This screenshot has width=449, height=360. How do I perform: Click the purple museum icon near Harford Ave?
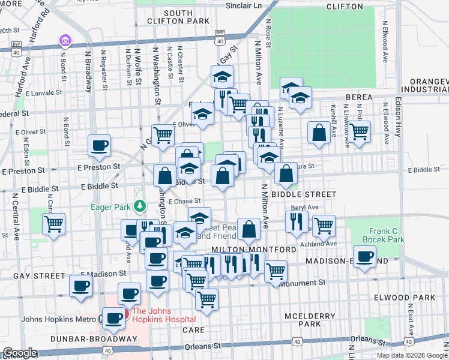pyautogui.click(x=65, y=41)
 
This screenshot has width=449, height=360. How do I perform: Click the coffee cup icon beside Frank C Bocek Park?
pyautogui.click(x=364, y=257)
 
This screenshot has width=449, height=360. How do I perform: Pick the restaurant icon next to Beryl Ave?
pyautogui.click(x=297, y=221)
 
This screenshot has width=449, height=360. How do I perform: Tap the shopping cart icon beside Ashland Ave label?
pyautogui.click(x=324, y=226)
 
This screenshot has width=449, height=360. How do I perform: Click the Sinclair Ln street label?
pyautogui.click(x=244, y=6)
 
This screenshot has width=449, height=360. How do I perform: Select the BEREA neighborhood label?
pyautogui.click(x=359, y=97)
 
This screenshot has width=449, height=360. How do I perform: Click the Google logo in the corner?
pyautogui.click(x=20, y=353)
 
